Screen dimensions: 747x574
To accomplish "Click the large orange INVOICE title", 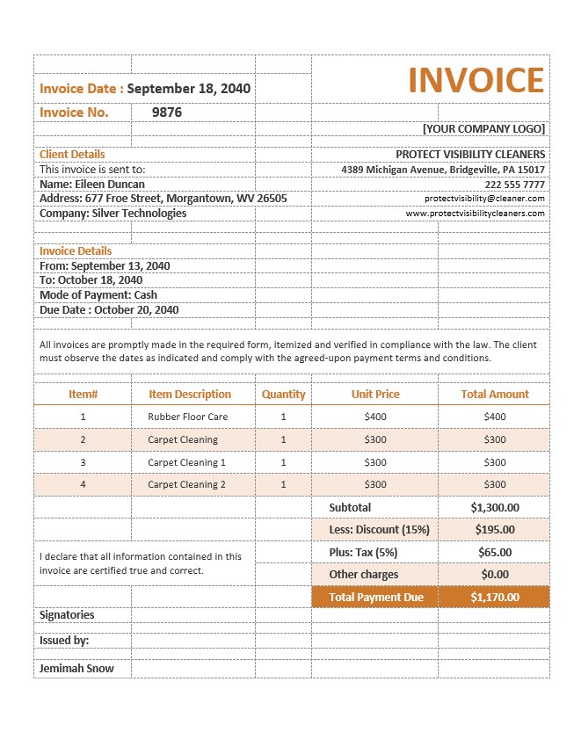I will (476, 80).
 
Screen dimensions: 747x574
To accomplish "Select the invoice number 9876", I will (167, 112).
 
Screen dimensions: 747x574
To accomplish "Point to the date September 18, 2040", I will (189, 89).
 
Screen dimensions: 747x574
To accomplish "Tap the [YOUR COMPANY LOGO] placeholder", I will (483, 128).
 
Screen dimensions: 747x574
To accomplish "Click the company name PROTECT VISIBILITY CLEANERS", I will (469, 155).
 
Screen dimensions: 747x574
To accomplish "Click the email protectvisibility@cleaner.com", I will (484, 199).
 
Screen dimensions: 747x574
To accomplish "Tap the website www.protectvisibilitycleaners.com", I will (475, 214).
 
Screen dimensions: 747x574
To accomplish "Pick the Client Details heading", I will (72, 155).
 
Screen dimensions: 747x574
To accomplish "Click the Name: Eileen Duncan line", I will (92, 185).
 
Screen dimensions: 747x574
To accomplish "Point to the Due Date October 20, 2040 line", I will (109, 310).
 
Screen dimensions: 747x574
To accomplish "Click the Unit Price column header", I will (375, 395).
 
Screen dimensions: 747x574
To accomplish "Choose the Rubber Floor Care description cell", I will (188, 417).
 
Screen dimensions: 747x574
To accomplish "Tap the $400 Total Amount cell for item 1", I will (495, 417).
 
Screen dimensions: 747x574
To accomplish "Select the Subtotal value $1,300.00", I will (495, 507).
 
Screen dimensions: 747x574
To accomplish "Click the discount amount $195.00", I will (495, 530).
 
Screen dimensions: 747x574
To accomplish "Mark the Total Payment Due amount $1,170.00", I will (495, 598).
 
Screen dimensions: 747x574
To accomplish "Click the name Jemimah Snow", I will (76, 668).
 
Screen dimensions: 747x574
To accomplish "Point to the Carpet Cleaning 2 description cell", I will (187, 485).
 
